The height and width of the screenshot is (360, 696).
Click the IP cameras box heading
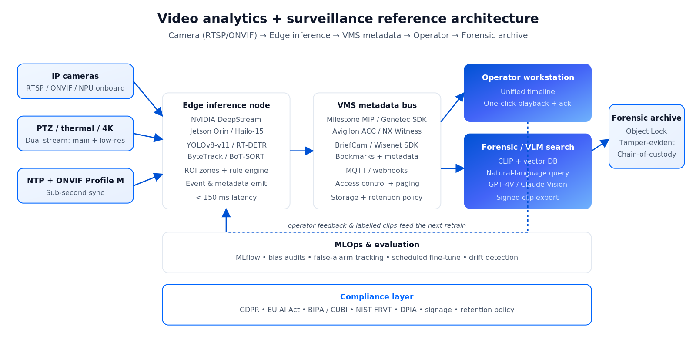75,76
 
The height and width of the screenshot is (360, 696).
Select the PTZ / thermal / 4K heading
75,128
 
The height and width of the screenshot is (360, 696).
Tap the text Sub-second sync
75,193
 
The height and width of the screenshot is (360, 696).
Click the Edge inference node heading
226,105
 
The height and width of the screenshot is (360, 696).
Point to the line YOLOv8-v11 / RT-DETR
226,145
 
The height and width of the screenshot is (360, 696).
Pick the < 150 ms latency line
226,197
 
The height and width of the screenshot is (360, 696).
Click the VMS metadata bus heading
377,105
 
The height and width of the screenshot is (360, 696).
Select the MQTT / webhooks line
377,170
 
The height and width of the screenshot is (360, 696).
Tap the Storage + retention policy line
377,197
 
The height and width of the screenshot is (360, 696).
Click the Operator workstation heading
528,77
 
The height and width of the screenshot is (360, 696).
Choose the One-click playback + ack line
527,103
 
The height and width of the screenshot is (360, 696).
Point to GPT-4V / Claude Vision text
528,184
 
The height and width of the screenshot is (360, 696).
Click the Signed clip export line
527,197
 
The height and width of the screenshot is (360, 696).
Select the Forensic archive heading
646,118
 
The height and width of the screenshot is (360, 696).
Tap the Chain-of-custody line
646,155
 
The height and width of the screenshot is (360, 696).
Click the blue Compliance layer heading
377,297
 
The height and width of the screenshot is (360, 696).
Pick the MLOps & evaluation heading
377,245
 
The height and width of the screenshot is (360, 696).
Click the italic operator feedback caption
377,225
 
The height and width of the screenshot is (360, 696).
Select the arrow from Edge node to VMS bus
302,151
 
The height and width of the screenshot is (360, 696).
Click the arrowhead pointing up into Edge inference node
226,213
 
